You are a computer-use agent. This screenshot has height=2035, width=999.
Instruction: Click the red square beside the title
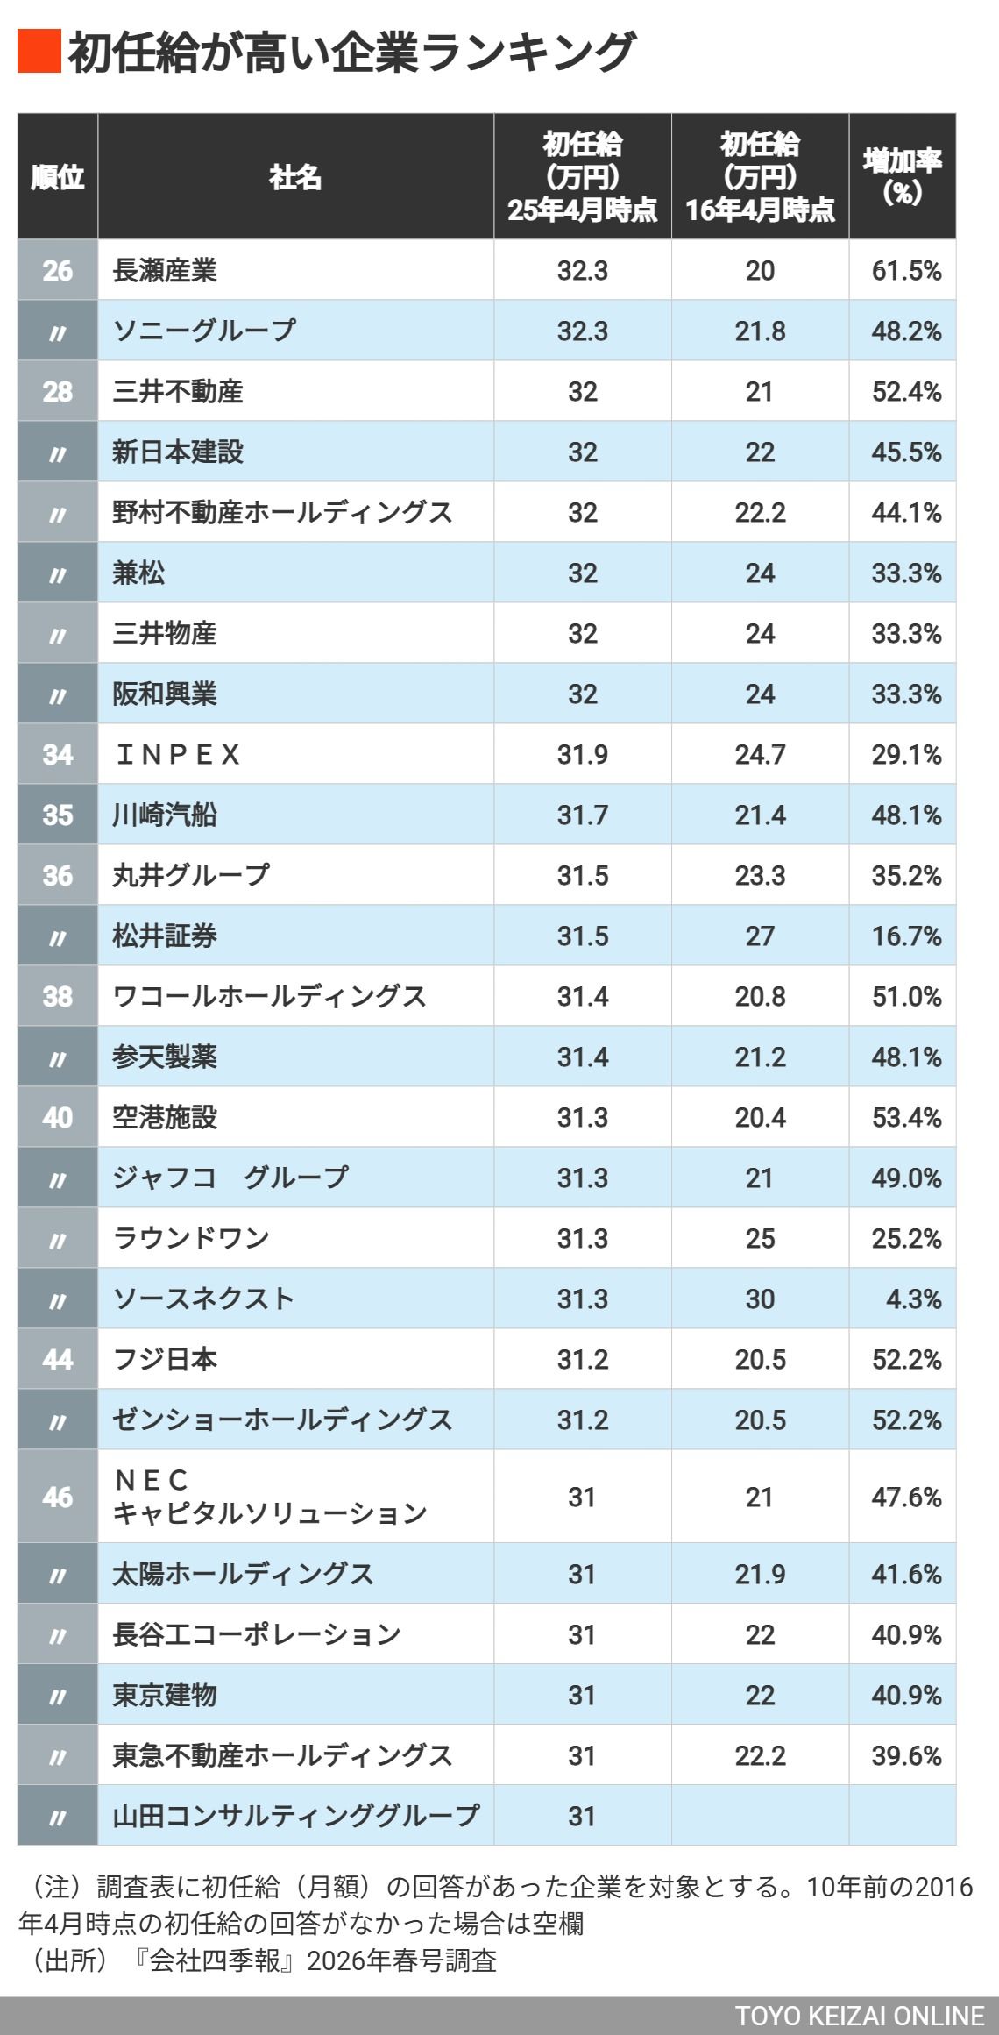coord(39,51)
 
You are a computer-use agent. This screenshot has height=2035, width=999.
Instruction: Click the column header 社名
coord(295,177)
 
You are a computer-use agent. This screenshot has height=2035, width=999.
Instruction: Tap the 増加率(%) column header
coord(902,176)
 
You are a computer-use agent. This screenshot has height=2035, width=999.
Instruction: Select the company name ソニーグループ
coord(204,331)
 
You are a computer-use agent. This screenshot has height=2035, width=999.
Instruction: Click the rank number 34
coord(58,754)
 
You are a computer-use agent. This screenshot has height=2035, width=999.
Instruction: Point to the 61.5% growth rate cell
coord(905,270)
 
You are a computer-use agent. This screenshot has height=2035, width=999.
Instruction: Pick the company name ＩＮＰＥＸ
coord(178,754)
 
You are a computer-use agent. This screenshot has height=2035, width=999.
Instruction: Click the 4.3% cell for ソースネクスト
coord(913,1299)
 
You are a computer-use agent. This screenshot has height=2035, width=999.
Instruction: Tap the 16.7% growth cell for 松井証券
coord(905,936)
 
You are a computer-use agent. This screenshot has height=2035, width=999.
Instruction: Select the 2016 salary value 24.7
coord(760,754)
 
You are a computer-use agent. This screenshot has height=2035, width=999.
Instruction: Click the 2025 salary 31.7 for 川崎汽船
coord(582,815)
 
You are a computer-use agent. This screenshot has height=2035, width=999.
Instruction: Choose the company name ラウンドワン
coord(191,1238)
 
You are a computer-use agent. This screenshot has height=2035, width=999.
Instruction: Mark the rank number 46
coord(58,1497)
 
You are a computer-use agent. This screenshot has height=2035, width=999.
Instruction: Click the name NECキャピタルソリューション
coord(269,1497)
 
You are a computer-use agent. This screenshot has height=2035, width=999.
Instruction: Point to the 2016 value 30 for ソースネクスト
coord(760,1299)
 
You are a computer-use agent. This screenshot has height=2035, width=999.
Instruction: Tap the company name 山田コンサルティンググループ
coord(295,1816)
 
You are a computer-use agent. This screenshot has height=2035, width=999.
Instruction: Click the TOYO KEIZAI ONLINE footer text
coord(859,2016)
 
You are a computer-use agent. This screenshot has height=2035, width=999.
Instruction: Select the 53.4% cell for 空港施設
coord(905,1117)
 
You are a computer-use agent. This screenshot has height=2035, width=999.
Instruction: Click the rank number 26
coord(58,270)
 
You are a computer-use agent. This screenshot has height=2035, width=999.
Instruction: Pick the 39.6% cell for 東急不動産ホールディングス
coord(905,1755)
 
